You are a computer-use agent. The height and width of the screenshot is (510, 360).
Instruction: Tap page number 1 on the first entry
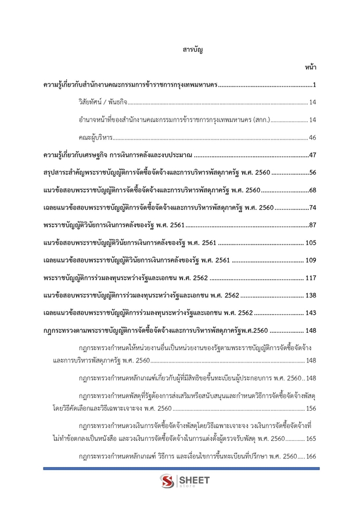click(313, 86)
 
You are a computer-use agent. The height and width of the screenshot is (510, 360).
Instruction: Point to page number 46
click(312, 138)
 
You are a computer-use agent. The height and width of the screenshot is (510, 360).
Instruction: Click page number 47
click(312, 155)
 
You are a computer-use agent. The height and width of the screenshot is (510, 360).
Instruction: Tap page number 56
click(312, 173)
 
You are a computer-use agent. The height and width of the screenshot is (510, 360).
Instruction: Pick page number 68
click(312, 190)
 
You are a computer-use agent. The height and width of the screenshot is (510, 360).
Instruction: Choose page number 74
click(312, 207)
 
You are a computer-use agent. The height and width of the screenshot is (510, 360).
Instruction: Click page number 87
click(312, 225)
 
